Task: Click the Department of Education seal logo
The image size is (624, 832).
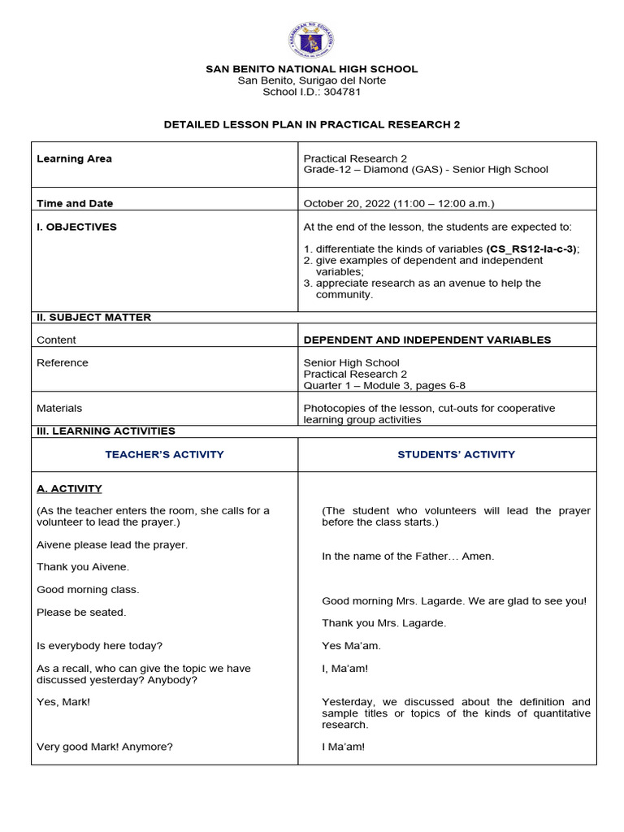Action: tap(310, 39)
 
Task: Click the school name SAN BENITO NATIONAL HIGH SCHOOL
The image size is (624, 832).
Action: tap(312, 69)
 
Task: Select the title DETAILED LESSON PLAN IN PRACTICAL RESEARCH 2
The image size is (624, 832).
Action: tap(312, 124)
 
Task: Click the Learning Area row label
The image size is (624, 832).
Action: tap(74, 158)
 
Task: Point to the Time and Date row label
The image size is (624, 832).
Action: tap(75, 203)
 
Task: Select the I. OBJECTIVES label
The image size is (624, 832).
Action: tap(76, 227)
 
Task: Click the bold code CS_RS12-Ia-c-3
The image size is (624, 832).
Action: tap(532, 249)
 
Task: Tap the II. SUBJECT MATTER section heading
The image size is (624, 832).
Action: tap(93, 317)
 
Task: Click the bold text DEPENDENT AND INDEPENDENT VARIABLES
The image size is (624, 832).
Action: tap(427, 340)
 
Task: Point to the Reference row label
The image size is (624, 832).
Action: tap(63, 362)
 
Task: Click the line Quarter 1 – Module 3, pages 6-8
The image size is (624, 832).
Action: tap(384, 385)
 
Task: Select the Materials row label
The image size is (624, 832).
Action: tap(59, 408)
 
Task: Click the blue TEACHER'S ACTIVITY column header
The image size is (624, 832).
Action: tap(164, 454)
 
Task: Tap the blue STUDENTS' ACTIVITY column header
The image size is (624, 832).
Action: tap(456, 454)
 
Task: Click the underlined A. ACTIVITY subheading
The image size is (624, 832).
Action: tap(69, 488)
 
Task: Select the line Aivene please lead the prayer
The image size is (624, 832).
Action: tap(112, 544)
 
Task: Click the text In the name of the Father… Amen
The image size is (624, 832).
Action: tap(408, 556)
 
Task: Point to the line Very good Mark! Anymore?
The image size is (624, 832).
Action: tap(105, 746)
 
